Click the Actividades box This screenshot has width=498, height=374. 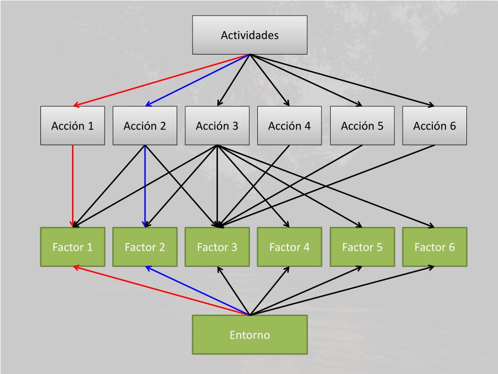point(249,35)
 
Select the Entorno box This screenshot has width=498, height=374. point(249,335)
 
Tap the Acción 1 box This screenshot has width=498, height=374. point(72,126)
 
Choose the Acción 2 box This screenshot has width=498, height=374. point(145,126)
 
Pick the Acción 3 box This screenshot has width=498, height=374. point(217,126)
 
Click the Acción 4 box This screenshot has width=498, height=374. point(289,126)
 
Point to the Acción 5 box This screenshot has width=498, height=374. point(362,126)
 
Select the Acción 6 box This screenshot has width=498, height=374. point(434,126)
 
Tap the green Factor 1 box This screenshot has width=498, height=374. point(72,247)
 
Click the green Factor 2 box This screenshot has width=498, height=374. point(145,247)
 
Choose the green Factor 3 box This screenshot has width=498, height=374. point(217,247)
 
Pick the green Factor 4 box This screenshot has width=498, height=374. point(289,247)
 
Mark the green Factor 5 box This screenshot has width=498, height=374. point(362,247)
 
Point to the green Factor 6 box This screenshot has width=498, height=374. point(434,247)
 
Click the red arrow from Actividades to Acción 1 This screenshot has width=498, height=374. point(161,80)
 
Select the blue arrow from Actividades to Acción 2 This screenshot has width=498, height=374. point(197,80)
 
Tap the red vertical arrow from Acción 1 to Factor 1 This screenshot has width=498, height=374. point(73,186)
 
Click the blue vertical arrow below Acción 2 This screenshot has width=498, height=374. point(145,186)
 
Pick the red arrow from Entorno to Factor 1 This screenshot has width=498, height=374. point(161,290)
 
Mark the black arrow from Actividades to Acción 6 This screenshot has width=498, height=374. point(342,80)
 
